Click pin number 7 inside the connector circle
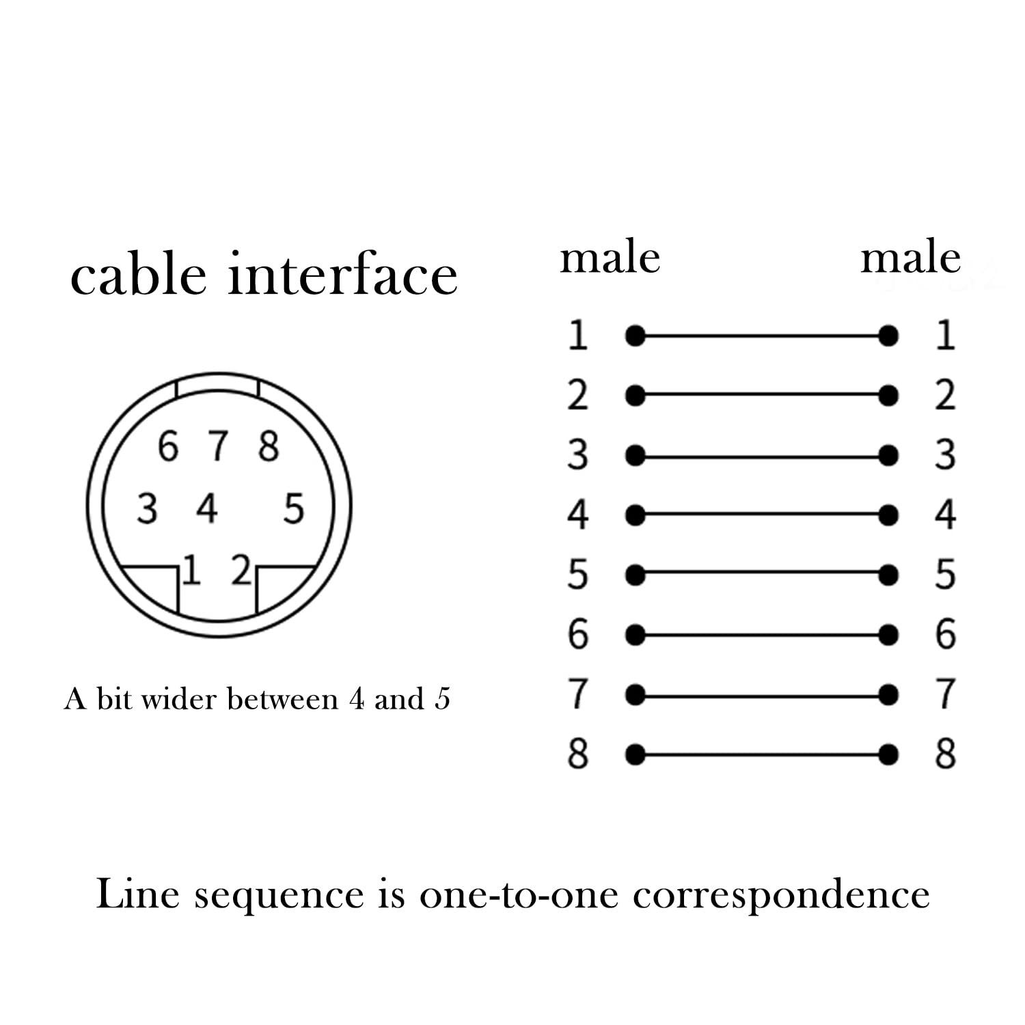[x=219, y=446]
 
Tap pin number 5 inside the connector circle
[x=293, y=509]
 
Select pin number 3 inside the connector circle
[x=147, y=509]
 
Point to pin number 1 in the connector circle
[x=192, y=571]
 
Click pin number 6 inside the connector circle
[x=168, y=446]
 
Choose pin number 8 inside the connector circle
[x=269, y=446]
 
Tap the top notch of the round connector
[x=218, y=385]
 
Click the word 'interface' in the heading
[x=343, y=275]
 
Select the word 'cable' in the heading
[x=138, y=275]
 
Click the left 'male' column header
[x=610, y=259]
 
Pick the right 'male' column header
[x=911, y=259]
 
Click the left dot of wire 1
[x=635, y=336]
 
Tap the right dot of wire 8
[x=888, y=755]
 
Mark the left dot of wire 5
[x=635, y=575]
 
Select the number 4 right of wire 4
[x=946, y=515]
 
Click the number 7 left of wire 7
[x=578, y=694]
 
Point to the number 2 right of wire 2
[x=946, y=396]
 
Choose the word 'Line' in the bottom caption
[x=137, y=893]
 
